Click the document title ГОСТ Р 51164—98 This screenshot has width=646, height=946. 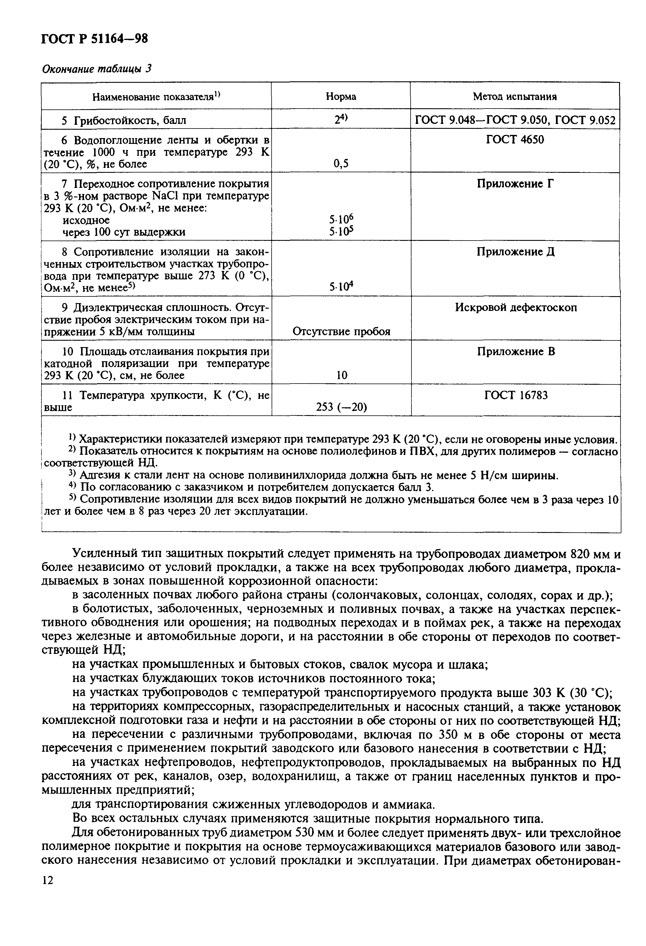point(94,39)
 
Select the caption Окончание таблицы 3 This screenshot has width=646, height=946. point(97,69)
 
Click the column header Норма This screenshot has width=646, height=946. point(341,96)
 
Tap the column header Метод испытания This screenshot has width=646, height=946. point(515,96)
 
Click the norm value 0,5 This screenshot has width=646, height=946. point(341,164)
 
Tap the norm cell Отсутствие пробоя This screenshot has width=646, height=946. point(341,331)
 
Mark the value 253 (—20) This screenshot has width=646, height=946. point(341,407)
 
